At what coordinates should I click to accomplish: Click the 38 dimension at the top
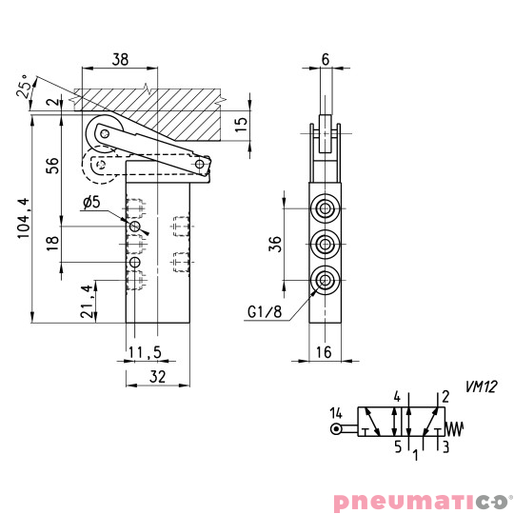tap(119, 59)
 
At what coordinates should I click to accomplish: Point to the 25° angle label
tap(24, 89)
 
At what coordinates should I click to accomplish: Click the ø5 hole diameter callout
tap(92, 203)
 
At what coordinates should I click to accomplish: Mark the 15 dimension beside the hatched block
tap(242, 121)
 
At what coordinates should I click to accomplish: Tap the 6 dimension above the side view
tap(326, 59)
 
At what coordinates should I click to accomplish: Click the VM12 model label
tap(482, 386)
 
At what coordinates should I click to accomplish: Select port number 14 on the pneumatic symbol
tap(335, 412)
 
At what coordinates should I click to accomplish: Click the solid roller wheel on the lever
tap(100, 134)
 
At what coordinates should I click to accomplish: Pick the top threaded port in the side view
tap(326, 208)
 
